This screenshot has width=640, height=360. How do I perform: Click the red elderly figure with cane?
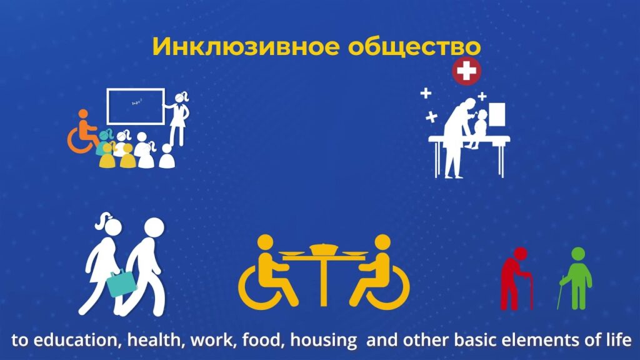[514, 278]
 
